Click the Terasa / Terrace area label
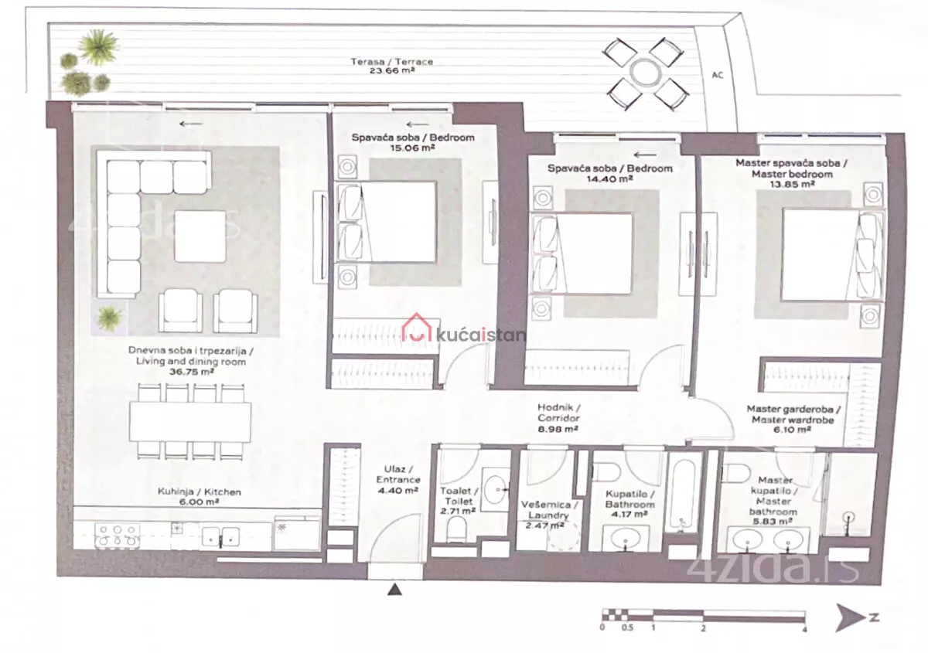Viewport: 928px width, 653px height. pyautogui.click(x=392, y=66)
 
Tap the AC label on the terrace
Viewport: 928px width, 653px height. pyautogui.click(x=718, y=75)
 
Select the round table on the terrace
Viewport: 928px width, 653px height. pyautogui.click(x=646, y=72)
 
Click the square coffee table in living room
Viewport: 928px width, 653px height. pyautogui.click(x=200, y=236)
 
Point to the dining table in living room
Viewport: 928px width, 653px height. pyautogui.click(x=189, y=422)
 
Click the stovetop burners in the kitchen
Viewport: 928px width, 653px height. pyautogui.click(x=118, y=536)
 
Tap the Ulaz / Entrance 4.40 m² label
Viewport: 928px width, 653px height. pyautogui.click(x=398, y=479)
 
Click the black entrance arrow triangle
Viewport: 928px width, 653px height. pyautogui.click(x=395, y=590)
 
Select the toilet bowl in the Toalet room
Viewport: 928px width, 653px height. pyautogui.click(x=457, y=529)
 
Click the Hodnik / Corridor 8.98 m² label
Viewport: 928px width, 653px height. pyautogui.click(x=558, y=418)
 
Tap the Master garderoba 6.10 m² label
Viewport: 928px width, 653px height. pyautogui.click(x=793, y=419)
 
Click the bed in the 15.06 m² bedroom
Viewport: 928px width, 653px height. pyautogui.click(x=387, y=222)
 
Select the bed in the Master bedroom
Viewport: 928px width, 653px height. pyautogui.click(x=833, y=256)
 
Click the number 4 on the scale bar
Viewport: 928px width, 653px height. pyautogui.click(x=804, y=630)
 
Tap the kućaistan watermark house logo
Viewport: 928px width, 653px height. pyautogui.click(x=417, y=328)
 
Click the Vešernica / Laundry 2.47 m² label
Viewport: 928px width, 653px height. pyautogui.click(x=548, y=515)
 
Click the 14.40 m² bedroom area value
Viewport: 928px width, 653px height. pyautogui.click(x=609, y=179)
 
